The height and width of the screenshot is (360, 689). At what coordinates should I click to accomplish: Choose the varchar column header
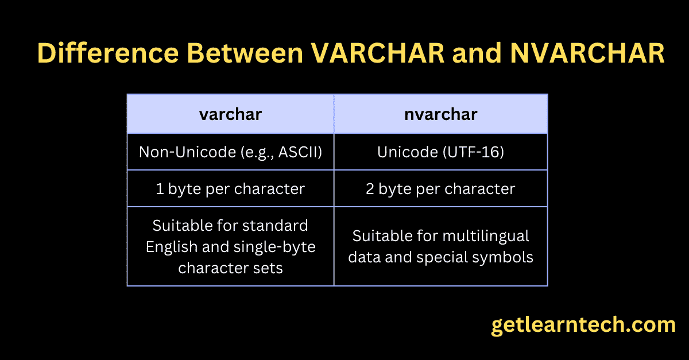230,114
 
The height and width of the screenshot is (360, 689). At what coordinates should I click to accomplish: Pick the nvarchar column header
440,114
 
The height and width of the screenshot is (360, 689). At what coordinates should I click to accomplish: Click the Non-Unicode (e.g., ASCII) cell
230,152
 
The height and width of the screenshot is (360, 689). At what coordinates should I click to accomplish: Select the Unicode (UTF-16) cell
440,152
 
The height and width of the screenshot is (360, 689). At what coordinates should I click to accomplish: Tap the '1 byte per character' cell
230,189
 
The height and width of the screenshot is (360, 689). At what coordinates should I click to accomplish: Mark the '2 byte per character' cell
440,189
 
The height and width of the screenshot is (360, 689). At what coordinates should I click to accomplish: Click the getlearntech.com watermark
583,325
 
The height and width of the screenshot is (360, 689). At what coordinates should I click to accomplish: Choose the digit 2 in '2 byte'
370,189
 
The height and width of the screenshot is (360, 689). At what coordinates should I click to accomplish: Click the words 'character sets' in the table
230,268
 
